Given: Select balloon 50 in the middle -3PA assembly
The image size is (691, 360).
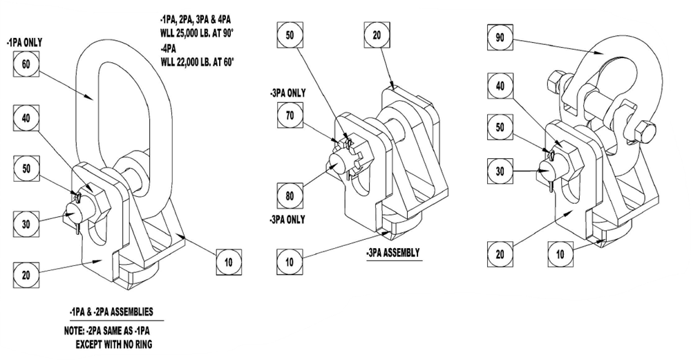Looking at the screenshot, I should pyautogui.click(x=290, y=34).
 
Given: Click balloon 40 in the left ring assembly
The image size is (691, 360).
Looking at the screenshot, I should pyautogui.click(x=27, y=117).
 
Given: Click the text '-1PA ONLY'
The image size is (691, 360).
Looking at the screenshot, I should pyautogui.click(x=26, y=42).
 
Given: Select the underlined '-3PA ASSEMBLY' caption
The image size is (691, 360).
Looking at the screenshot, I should pyautogui.click(x=393, y=253).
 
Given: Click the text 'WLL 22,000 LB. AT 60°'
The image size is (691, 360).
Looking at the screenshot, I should pyautogui.click(x=197, y=62).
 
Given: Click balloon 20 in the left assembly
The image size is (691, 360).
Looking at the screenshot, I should pyautogui.click(x=27, y=274).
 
